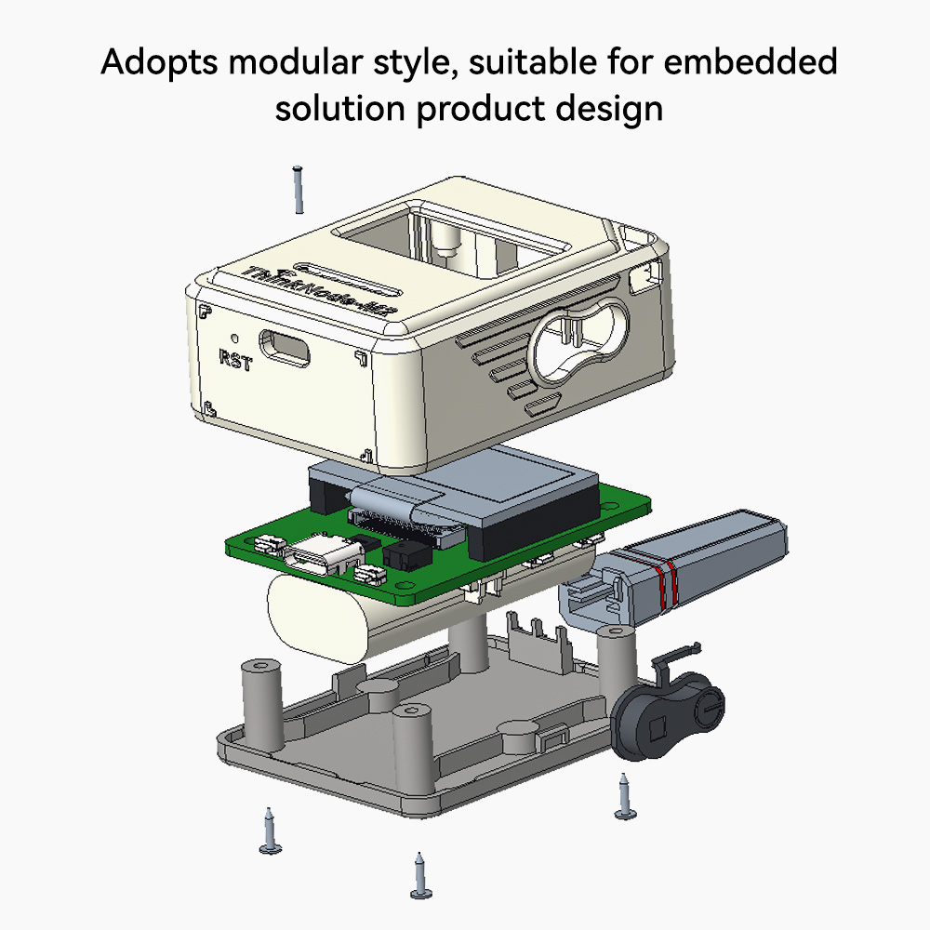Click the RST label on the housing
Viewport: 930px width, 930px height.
click(234, 358)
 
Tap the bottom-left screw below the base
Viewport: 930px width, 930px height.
click(270, 831)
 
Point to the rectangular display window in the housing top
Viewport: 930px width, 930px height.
click(456, 237)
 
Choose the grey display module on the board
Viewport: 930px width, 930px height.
click(521, 493)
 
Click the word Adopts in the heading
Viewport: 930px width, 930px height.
click(156, 63)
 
